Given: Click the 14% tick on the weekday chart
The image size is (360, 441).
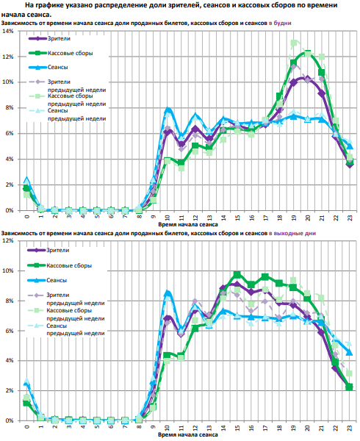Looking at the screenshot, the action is tap(8, 31).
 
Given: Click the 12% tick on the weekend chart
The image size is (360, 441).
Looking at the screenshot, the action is tap(8, 241).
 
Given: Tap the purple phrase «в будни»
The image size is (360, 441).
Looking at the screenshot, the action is tap(280, 23).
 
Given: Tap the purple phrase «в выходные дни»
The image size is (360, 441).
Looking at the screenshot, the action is tap(292, 233).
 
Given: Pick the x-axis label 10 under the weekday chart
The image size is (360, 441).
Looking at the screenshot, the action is tap(168, 218).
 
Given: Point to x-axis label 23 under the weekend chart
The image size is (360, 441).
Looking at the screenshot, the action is tap(350, 428).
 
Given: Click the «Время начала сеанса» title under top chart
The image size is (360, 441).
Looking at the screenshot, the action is tap(188, 224).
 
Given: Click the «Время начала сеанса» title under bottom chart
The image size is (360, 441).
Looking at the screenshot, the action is tap(188, 434).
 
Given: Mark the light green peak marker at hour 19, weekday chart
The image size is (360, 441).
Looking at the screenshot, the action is tap(294, 43).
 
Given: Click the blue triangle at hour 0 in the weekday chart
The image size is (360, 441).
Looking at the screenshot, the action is tap(26, 180).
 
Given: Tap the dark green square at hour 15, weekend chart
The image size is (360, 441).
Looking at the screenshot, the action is tap(237, 274).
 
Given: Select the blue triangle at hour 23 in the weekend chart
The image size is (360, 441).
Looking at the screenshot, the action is tap(349, 352).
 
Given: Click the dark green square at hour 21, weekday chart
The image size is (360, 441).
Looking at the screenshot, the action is tap(322, 73).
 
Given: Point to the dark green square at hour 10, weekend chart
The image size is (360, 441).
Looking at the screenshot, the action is tap(167, 355).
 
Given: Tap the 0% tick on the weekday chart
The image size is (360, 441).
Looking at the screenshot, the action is tap(10, 210).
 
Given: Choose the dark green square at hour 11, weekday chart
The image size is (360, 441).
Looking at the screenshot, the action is tap(181, 162).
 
